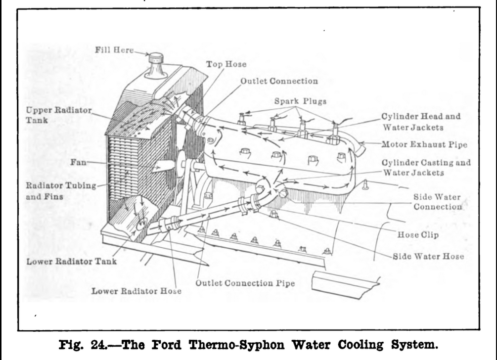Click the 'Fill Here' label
tap(114, 49)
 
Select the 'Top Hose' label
tap(226, 64)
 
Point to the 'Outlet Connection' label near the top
tap(279, 81)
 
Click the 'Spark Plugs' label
tap(300, 101)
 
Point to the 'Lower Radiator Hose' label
tap(136, 291)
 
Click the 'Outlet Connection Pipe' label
tap(245, 283)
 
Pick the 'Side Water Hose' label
tap(428, 257)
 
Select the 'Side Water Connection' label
tap(437, 202)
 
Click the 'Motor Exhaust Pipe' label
tap(424, 144)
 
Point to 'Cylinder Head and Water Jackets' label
tap(420, 122)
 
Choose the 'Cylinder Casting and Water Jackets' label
tap(426, 167)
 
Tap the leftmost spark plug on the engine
tap(241, 119)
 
